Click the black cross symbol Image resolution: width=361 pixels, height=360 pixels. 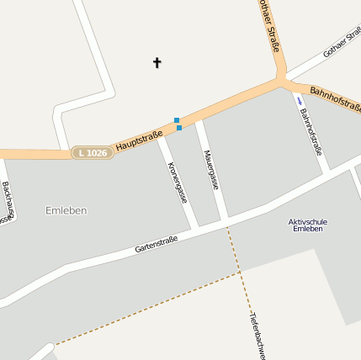157,62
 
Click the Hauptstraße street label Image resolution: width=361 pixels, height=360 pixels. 139,140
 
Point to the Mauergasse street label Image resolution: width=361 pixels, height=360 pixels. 211,169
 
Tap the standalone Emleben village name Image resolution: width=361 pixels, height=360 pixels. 66,209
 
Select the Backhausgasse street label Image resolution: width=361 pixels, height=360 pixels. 7,203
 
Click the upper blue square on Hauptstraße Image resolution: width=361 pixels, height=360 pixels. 177,120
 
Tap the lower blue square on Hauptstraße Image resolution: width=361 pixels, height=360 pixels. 179,128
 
